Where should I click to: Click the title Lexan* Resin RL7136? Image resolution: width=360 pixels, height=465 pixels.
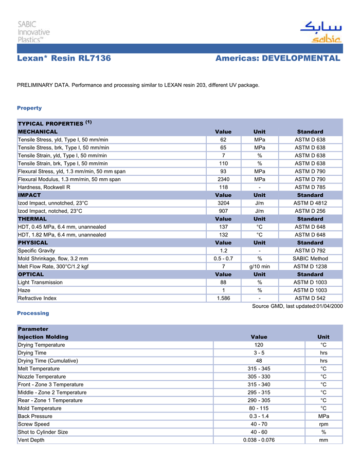pyautogui.click(x=64, y=59)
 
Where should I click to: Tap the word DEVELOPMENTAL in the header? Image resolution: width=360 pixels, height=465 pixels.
pyautogui.click(x=301, y=59)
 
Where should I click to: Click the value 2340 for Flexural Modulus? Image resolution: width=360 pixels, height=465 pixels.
pyautogui.click(x=224, y=179)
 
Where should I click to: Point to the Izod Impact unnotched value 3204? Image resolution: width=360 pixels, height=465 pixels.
pyautogui.click(x=224, y=203)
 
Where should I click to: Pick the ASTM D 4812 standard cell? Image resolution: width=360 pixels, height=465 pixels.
pyautogui.click(x=310, y=203)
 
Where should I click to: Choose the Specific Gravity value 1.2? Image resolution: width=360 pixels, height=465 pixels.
pyautogui.click(x=224, y=250)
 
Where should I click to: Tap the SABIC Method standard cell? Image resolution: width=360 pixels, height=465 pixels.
pyautogui.click(x=310, y=258)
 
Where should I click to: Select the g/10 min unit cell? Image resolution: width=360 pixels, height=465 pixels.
pyautogui.click(x=259, y=266)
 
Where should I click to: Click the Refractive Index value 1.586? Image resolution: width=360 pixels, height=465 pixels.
pyautogui.click(x=224, y=298)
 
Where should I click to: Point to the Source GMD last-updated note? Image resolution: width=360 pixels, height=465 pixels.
pyautogui.click(x=297, y=306)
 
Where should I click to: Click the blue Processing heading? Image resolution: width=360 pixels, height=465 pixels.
pyautogui.click(x=33, y=313)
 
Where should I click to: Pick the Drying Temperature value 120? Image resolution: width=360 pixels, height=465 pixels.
pyautogui.click(x=259, y=345)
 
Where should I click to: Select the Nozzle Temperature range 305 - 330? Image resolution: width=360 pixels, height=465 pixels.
pyautogui.click(x=259, y=377)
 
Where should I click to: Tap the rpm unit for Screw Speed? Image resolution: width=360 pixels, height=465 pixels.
pyautogui.click(x=323, y=424)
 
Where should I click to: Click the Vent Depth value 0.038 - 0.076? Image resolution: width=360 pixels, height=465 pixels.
pyautogui.click(x=259, y=440)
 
